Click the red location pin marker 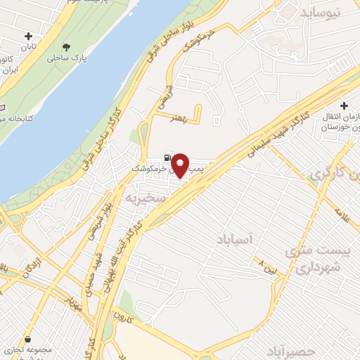[x=181, y=165]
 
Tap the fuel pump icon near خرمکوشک [x=166, y=157]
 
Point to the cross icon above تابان [x=28, y=36]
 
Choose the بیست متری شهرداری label [x=314, y=259]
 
